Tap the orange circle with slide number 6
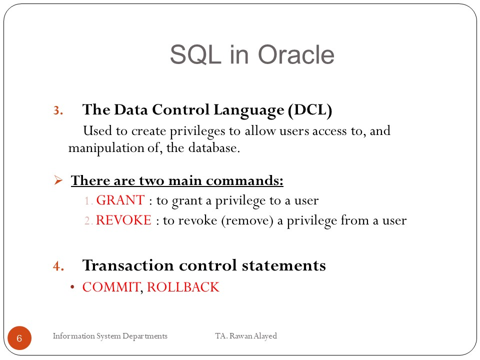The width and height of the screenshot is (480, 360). [x=19, y=338]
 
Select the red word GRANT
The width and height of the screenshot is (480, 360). [x=120, y=200]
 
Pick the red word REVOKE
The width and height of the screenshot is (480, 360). [x=123, y=220]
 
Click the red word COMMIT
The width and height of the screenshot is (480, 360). [x=111, y=287]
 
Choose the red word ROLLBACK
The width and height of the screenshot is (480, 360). [x=183, y=287]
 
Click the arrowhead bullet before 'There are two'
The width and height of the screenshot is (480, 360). [x=58, y=180]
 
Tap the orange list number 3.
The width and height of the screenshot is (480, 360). [x=58, y=110]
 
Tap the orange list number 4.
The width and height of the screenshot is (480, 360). [x=58, y=266]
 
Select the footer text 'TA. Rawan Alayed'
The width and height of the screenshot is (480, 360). [x=246, y=336]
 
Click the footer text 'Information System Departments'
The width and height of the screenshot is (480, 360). [x=110, y=336]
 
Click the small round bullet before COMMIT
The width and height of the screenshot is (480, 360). [x=72, y=287]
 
